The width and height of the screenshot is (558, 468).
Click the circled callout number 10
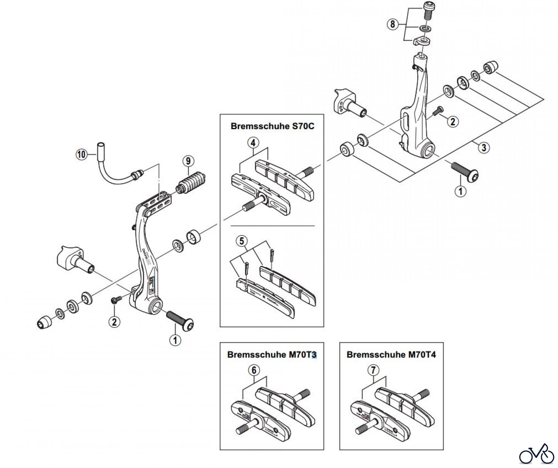[x=81, y=154]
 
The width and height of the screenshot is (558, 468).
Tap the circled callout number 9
[x=188, y=161]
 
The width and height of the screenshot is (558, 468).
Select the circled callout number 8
[x=393, y=24]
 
